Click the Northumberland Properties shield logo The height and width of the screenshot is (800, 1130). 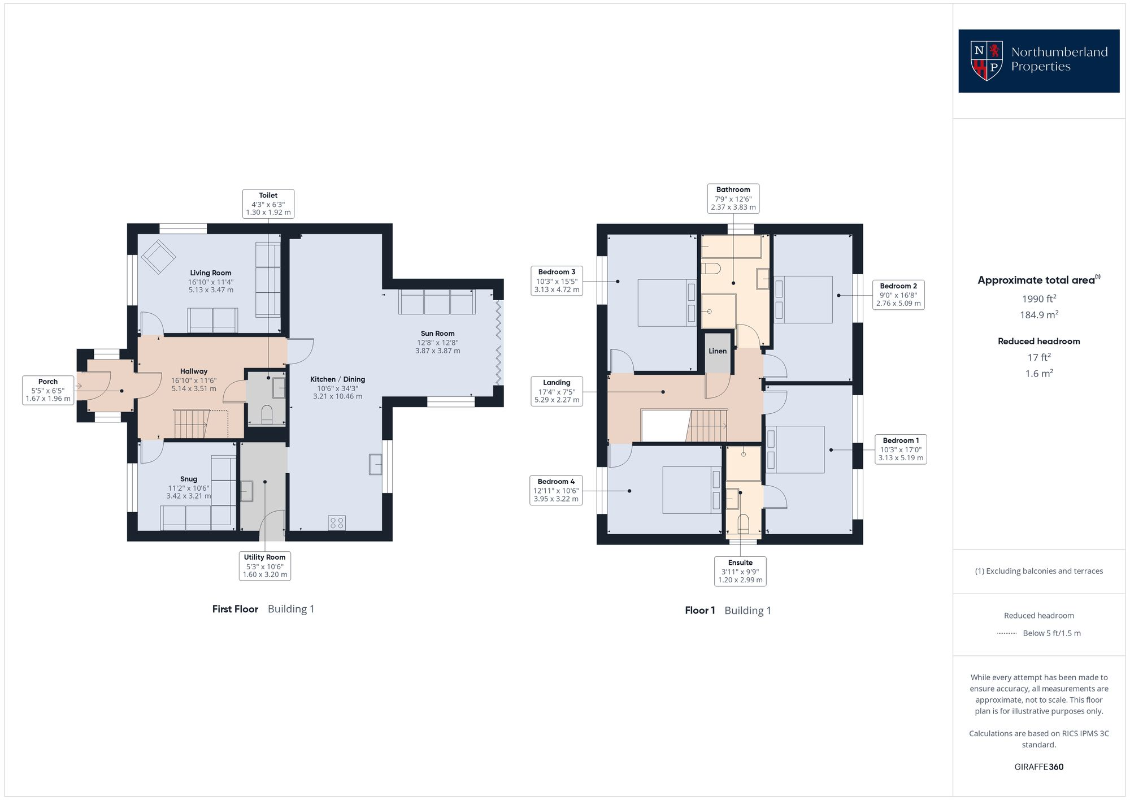[986, 60]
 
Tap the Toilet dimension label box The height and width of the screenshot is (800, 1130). [268, 204]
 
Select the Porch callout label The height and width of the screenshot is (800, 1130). [48, 390]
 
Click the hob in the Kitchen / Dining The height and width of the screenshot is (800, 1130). [337, 523]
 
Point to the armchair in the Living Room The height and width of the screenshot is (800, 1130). [158, 257]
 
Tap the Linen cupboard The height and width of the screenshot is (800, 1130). [718, 352]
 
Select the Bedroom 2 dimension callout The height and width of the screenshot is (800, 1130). [898, 295]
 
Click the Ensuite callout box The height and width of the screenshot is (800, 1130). [740, 571]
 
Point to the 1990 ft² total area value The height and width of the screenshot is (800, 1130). [1038, 299]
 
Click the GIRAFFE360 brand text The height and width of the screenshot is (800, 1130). [1038, 767]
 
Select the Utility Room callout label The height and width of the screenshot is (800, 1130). [264, 565]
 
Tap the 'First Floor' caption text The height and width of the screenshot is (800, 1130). [235, 609]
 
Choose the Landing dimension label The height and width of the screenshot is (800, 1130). [557, 391]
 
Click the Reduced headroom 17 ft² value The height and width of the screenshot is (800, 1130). [1038, 357]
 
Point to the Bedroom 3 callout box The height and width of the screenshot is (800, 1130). [557, 280]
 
